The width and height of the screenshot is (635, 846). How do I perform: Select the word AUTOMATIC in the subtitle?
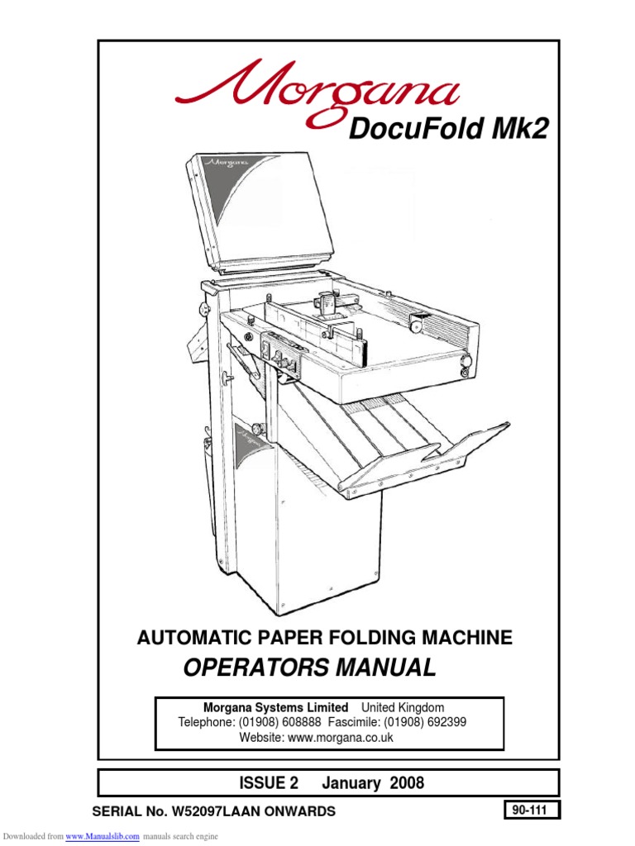click(x=188, y=637)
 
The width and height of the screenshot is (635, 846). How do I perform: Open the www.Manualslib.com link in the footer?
click(x=102, y=836)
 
